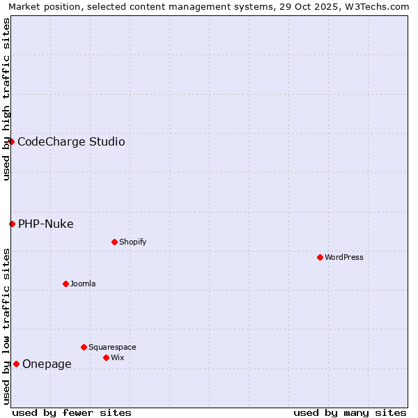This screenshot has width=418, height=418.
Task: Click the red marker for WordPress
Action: click(x=320, y=257)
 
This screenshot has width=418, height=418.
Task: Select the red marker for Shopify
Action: click(x=114, y=242)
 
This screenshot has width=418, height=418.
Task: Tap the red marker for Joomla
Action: click(x=65, y=284)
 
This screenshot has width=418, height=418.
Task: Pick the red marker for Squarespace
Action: click(x=84, y=347)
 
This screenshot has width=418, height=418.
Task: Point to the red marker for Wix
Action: click(x=106, y=357)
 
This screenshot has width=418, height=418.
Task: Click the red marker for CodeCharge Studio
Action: click(x=11, y=141)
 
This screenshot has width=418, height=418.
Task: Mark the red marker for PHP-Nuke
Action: click(x=12, y=224)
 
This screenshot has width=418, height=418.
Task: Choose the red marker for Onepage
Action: click(x=16, y=364)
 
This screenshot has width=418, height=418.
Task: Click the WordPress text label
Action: click(x=344, y=257)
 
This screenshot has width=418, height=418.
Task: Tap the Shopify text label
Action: click(x=132, y=242)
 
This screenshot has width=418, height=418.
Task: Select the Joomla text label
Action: click(x=83, y=284)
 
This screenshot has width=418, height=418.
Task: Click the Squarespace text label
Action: click(x=112, y=347)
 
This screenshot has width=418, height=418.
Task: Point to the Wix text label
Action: click(x=117, y=357)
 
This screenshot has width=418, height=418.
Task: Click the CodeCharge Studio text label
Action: click(x=71, y=142)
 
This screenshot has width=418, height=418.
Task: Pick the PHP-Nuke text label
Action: click(x=46, y=224)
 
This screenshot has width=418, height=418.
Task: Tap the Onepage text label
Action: click(x=47, y=364)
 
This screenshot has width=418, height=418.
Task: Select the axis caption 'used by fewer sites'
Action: click(x=72, y=412)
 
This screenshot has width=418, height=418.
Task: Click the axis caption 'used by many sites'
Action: click(x=350, y=412)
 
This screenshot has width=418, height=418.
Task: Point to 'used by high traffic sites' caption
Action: click(x=7, y=99)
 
